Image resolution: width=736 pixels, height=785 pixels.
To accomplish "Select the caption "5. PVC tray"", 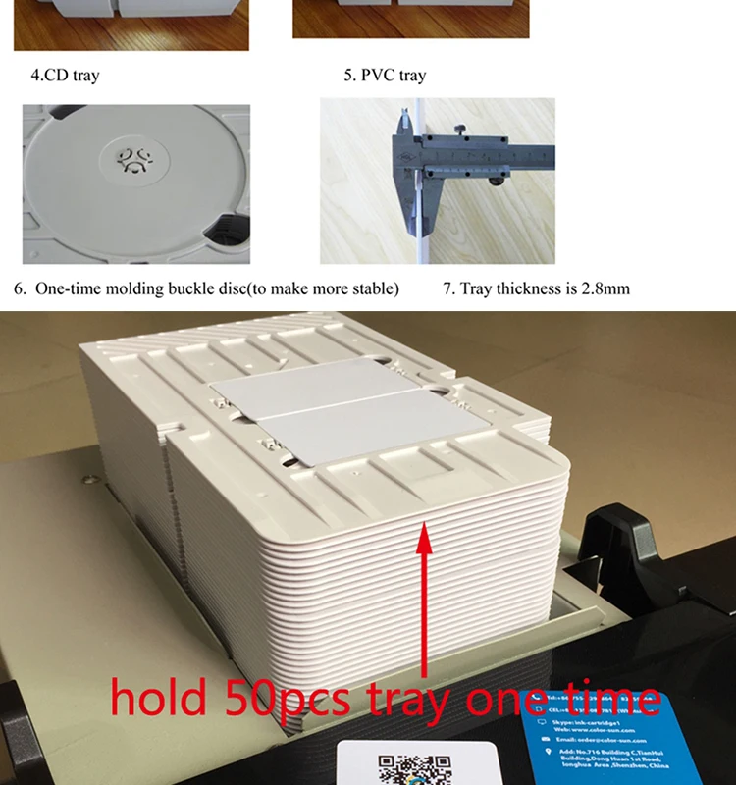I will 385,75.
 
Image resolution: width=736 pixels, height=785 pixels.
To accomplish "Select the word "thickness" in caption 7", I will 530,288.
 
